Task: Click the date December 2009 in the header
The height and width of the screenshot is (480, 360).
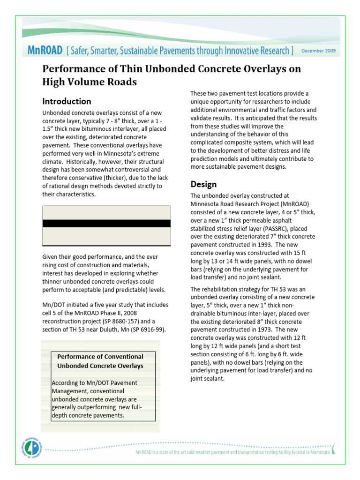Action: (x=318, y=51)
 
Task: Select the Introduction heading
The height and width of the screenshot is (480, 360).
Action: (x=67, y=101)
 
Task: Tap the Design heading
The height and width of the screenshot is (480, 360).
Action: (x=203, y=184)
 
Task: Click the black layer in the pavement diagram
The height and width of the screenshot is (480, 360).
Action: (x=106, y=223)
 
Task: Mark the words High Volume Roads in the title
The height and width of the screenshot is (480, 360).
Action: (x=90, y=82)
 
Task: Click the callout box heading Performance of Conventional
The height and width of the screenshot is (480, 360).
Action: (x=100, y=356)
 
